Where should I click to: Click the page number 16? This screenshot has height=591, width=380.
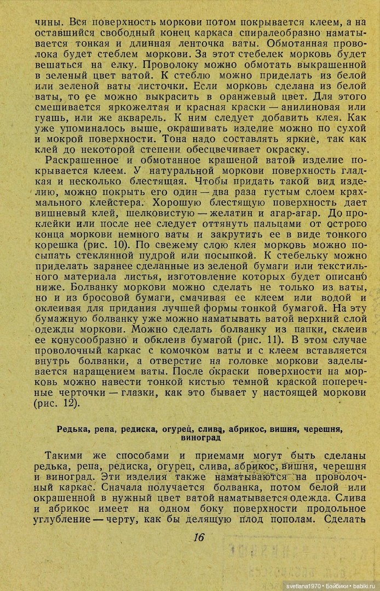[198, 537]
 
